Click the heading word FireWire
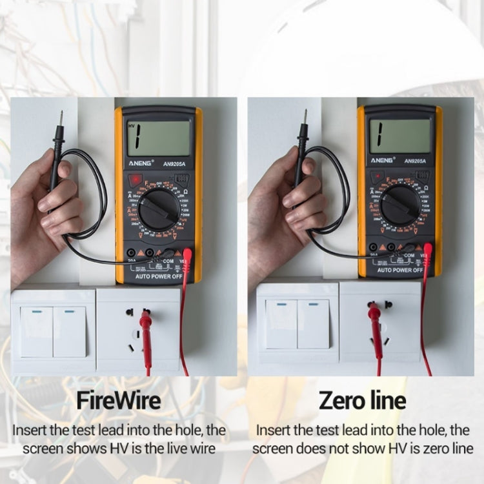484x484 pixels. click(118, 401)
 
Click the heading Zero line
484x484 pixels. click(363, 401)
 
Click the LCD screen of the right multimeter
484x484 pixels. click(399, 136)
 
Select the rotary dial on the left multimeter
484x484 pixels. click(157, 208)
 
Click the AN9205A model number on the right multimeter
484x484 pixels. click(417, 161)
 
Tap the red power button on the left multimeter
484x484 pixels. click(136, 181)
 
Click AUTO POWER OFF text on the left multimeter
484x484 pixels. click(159, 276)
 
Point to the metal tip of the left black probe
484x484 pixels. click(61, 117)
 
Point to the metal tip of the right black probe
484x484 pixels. click(305, 116)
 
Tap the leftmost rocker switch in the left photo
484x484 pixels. click(37, 332)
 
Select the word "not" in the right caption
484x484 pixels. click(358, 448)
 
